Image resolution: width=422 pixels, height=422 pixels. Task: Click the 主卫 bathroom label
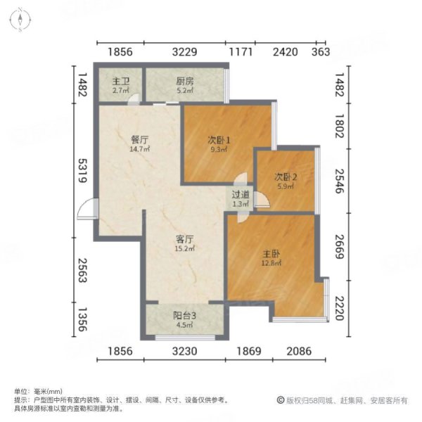point(120,81)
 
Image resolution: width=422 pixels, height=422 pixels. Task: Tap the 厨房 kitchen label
point(185,81)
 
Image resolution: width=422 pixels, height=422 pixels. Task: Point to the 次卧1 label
point(219,139)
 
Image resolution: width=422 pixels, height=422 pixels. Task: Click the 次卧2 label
point(286,177)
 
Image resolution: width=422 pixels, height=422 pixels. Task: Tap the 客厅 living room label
point(185,238)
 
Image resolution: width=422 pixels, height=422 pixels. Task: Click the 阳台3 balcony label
point(185,315)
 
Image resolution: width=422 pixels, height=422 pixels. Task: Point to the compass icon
point(22,20)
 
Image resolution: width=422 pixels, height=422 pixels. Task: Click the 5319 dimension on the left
point(82,170)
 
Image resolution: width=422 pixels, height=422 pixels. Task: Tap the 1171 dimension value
point(240,52)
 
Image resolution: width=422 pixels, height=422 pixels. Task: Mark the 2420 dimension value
point(285,52)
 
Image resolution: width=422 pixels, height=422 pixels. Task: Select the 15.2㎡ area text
point(185,248)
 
